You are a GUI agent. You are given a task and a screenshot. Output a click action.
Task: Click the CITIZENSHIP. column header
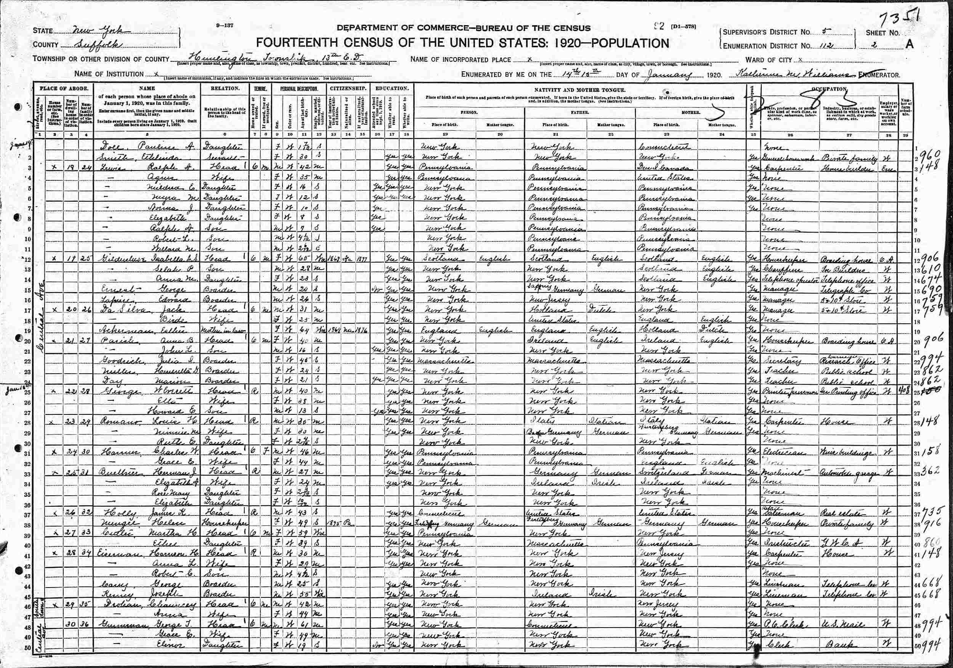348,88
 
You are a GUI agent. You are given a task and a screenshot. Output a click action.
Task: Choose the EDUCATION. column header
391,88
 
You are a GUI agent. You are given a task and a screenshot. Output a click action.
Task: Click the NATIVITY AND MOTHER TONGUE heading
580,90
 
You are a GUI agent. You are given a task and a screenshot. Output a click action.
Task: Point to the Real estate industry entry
838,513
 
